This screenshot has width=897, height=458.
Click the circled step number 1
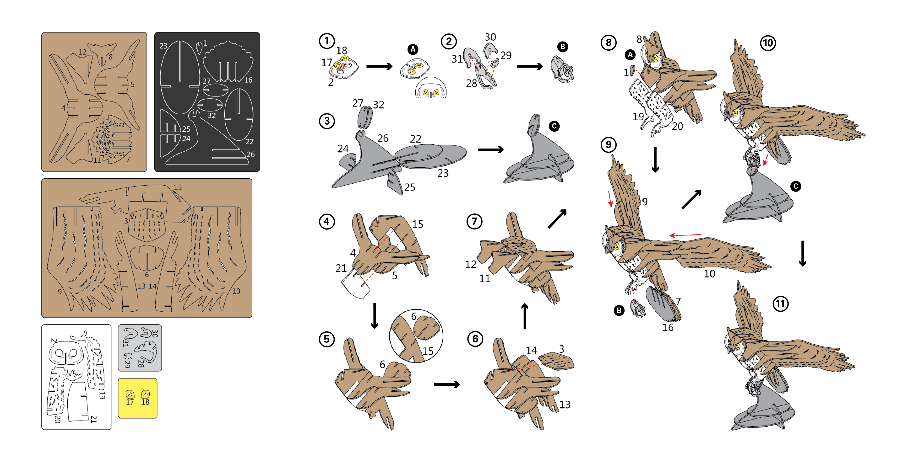327,41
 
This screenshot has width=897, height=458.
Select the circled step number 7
474,221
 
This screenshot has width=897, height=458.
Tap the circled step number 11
780,304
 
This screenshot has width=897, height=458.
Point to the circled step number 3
327,121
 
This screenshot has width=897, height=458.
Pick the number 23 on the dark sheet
163,46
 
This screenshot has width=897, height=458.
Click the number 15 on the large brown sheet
178,187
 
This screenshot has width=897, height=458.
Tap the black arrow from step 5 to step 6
447,384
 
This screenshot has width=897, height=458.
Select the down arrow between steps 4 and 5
375,316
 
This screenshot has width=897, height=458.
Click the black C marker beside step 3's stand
554,126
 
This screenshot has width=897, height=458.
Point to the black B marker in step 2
562,47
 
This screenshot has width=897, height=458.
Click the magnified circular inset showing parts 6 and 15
416,336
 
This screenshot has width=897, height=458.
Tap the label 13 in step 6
565,405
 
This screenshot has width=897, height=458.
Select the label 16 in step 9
668,327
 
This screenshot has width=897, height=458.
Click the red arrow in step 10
766,160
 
